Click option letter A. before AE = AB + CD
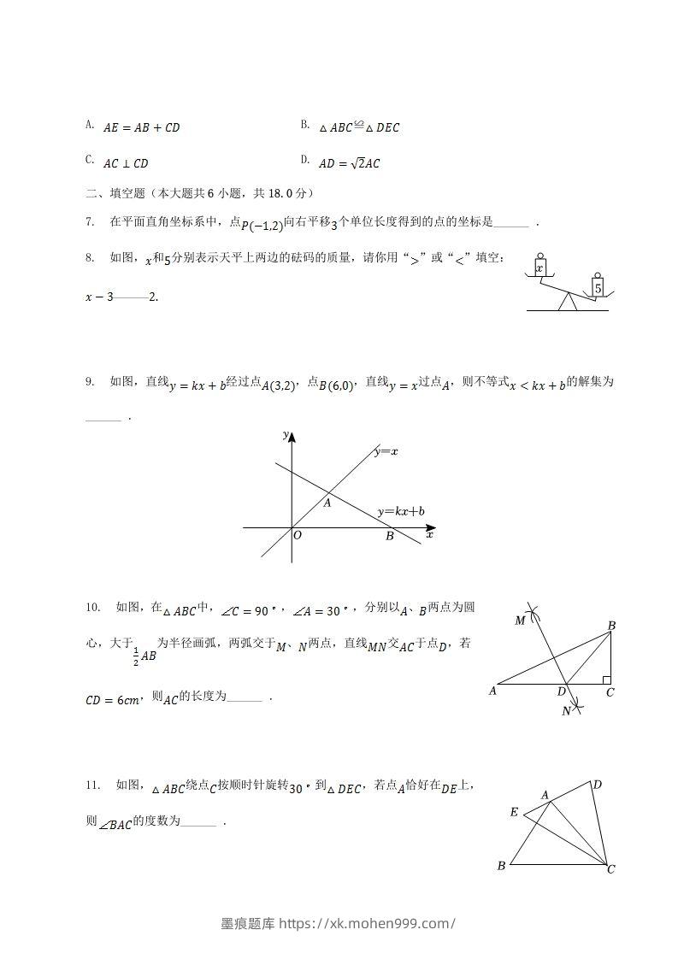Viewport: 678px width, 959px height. click(x=90, y=126)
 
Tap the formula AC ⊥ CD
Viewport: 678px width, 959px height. click(x=126, y=163)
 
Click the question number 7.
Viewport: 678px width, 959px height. click(x=89, y=222)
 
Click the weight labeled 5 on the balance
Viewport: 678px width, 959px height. click(x=598, y=288)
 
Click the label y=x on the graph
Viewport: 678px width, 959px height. click(x=386, y=451)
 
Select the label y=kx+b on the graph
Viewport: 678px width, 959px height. click(x=401, y=512)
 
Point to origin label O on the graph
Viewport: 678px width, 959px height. click(x=298, y=536)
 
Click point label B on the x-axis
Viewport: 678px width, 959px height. click(x=389, y=537)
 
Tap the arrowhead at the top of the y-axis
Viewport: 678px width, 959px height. click(x=292, y=438)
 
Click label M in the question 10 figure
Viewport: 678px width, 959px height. click(x=520, y=621)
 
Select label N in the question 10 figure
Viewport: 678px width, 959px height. click(x=566, y=710)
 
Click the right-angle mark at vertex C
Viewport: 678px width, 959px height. click(x=605, y=680)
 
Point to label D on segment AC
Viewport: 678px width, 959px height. click(x=562, y=691)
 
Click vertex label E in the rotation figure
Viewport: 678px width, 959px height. click(x=514, y=812)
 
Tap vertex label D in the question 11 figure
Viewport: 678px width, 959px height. click(x=597, y=785)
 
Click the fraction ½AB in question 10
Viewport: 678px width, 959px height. click(x=145, y=655)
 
